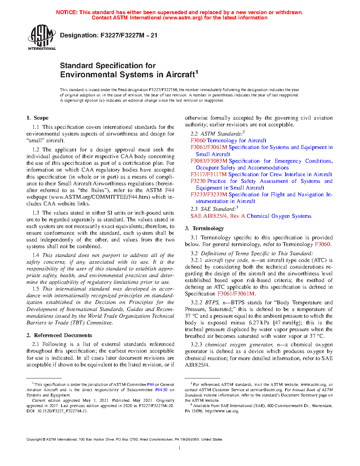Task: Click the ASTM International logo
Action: click(x=41, y=37)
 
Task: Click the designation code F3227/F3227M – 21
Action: click(x=129, y=35)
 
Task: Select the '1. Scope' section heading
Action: click(x=37, y=118)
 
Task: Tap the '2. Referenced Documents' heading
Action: click(x=59, y=335)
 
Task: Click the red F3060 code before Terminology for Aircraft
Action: click(x=198, y=141)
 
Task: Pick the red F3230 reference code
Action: click(x=198, y=181)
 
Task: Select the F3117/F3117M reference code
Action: click(x=209, y=174)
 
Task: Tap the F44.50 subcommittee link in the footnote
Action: click(x=161, y=390)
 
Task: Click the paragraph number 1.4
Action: click(x=36, y=255)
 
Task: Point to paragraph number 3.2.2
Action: click(x=196, y=303)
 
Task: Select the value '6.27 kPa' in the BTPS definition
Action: click(x=259, y=323)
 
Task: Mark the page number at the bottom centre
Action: click(x=180, y=448)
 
